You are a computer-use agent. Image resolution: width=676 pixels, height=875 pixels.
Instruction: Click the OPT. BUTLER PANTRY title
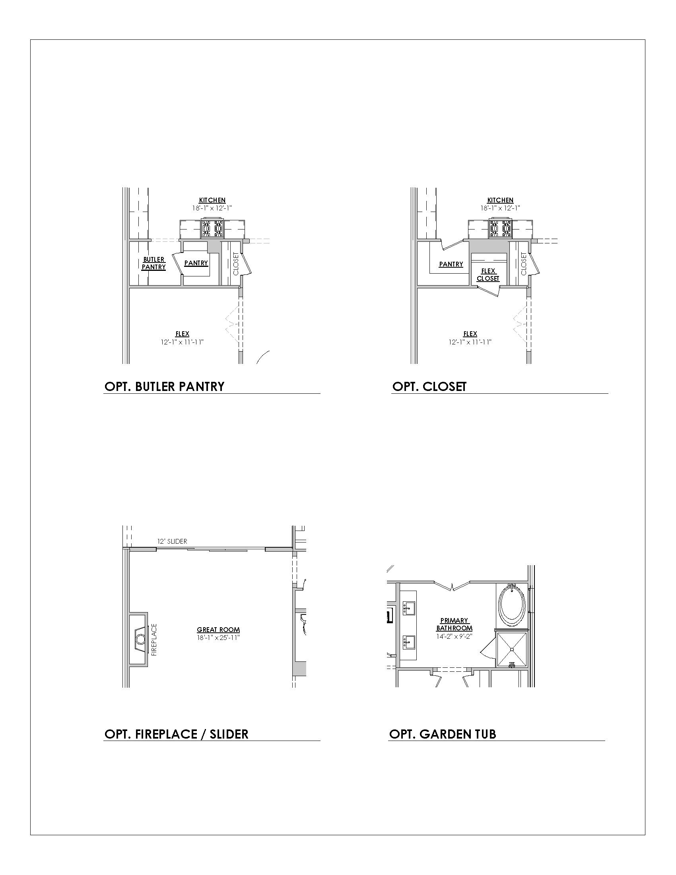[164, 387]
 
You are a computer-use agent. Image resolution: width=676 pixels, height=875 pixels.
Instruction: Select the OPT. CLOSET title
[429, 387]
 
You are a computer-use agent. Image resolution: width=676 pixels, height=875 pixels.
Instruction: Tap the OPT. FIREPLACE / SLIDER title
[176, 734]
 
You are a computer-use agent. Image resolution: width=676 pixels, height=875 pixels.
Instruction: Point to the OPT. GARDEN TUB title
[443, 734]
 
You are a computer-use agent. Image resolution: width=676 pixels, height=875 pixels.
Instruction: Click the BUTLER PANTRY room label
[154, 263]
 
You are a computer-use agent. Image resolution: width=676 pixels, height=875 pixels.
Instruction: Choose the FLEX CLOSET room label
[488, 275]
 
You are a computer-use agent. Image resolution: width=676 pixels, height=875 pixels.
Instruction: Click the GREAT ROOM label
[218, 630]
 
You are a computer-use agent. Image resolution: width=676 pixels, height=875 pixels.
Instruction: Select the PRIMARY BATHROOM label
[454, 624]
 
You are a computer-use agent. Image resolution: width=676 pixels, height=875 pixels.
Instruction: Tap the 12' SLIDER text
[172, 541]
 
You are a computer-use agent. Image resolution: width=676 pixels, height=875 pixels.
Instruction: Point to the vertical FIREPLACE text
[154, 640]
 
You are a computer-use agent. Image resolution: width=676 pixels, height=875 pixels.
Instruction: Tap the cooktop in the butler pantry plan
[212, 228]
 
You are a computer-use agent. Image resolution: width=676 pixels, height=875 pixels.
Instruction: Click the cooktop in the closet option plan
[500, 228]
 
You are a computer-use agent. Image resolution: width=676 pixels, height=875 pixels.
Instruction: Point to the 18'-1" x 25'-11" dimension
[218, 638]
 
